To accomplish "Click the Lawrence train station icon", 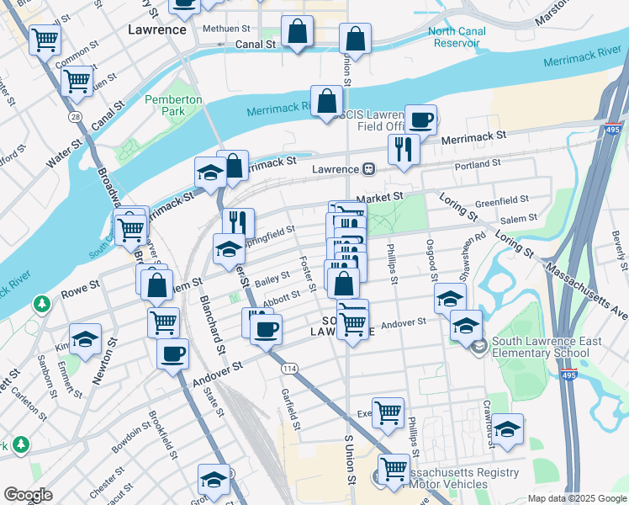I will [x=368, y=169].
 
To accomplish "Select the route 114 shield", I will [x=290, y=368].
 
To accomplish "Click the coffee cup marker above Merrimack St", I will [x=420, y=120].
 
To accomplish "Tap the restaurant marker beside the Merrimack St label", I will [x=404, y=150].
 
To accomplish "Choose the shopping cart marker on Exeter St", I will [x=387, y=412].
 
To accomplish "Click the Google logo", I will [x=29, y=495].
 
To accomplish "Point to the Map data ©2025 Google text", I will [x=577, y=498].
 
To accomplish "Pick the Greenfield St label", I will [x=501, y=201].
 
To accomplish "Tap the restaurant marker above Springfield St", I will [x=238, y=222].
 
